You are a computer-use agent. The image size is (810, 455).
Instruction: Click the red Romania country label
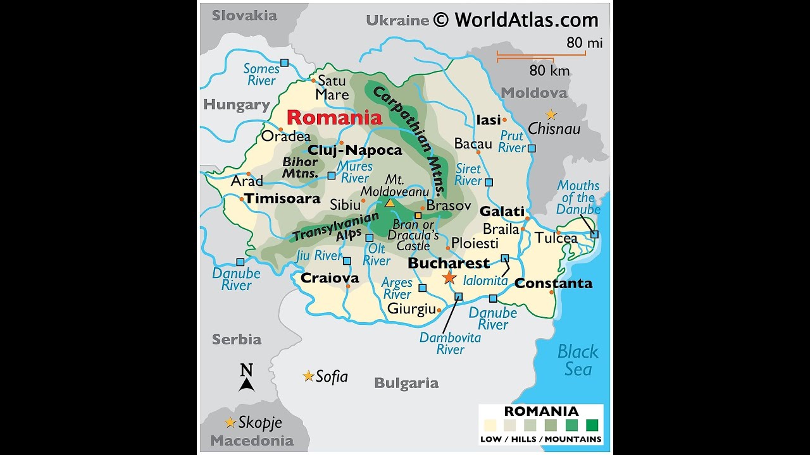pyautogui.click(x=334, y=118)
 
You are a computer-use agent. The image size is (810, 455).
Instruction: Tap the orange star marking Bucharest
pyautogui.click(x=449, y=277)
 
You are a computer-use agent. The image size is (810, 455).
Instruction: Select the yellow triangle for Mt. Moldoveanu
pyautogui.click(x=390, y=203)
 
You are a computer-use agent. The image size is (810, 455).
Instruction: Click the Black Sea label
pyautogui.click(x=578, y=360)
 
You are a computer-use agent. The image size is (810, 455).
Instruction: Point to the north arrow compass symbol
pyautogui.click(x=247, y=378)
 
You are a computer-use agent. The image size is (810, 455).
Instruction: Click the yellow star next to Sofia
pyautogui.click(x=308, y=376)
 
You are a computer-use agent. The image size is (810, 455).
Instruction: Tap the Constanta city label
pyautogui.click(x=553, y=283)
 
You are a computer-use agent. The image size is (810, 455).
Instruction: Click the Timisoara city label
pyautogui.click(x=282, y=198)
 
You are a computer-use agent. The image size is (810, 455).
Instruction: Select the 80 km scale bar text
pyautogui.click(x=549, y=70)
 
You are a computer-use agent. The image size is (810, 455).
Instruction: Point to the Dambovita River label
pyautogui.click(x=450, y=343)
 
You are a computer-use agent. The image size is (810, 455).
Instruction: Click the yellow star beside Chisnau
pyautogui.click(x=551, y=114)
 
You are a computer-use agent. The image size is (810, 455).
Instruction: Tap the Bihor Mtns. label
pyautogui.click(x=300, y=167)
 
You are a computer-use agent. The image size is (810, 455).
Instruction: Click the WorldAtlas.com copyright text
pyautogui.click(x=516, y=20)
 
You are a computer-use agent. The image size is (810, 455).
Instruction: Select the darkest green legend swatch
pyautogui.click(x=592, y=424)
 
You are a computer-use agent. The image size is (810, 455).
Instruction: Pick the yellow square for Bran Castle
pyautogui.click(x=418, y=215)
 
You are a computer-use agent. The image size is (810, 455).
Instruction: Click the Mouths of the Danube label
pyautogui.click(x=578, y=197)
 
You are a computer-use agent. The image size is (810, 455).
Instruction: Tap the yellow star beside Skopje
pyautogui.click(x=230, y=422)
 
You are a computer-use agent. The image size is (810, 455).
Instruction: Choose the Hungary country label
pyautogui.click(x=237, y=105)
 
